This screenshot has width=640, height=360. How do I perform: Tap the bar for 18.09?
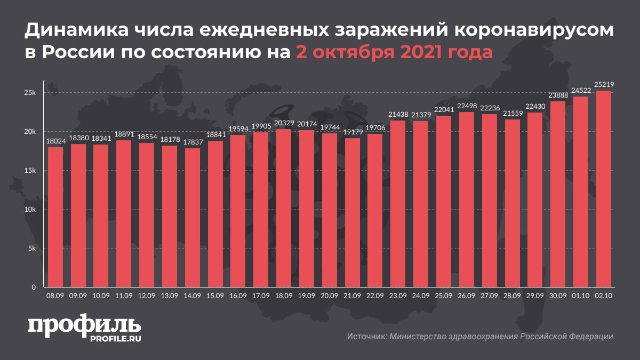(284, 209)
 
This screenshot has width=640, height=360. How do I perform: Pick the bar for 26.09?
(466, 200)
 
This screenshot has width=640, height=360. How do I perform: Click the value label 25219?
(603, 84)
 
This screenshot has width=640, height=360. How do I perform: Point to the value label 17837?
(193, 142)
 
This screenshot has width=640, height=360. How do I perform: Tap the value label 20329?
(284, 123)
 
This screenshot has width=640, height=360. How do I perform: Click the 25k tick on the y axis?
(29, 93)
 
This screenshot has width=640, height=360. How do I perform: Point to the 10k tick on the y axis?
(29, 210)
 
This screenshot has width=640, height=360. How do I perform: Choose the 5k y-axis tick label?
(31, 249)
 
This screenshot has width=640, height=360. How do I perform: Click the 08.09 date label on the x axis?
(55, 295)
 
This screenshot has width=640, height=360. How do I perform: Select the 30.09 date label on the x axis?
(557, 295)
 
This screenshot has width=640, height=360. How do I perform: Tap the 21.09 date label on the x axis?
(352, 295)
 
